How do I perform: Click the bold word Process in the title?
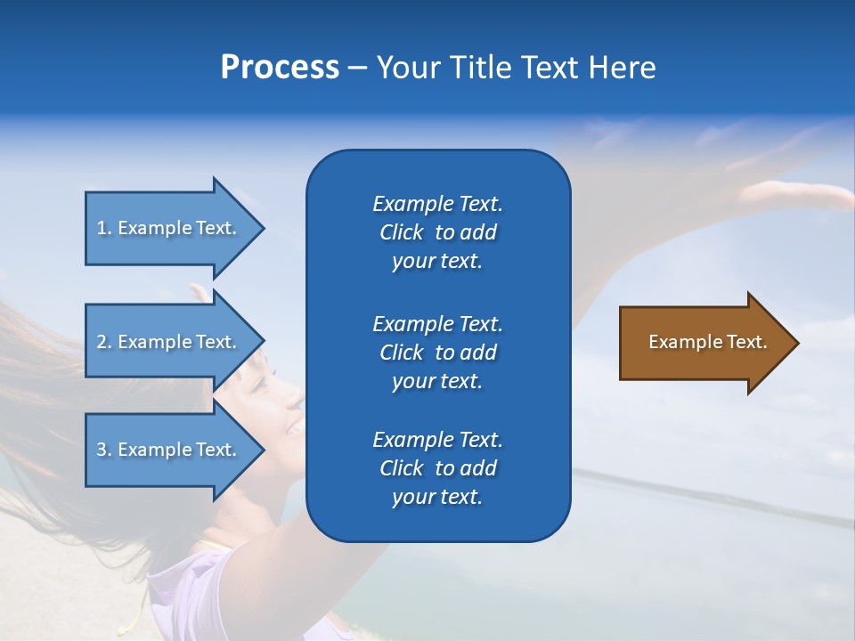[280, 68]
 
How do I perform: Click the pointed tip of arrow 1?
[261, 228]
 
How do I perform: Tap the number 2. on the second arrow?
[104, 342]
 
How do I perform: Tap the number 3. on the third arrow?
[104, 450]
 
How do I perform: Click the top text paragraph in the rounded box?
[437, 232]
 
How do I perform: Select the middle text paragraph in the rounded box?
[437, 353]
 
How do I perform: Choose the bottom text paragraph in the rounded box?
[437, 468]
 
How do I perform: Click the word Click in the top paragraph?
[402, 232]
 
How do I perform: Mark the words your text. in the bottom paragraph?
[437, 497]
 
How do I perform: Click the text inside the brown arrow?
[708, 342]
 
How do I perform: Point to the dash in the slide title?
[357, 69]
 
